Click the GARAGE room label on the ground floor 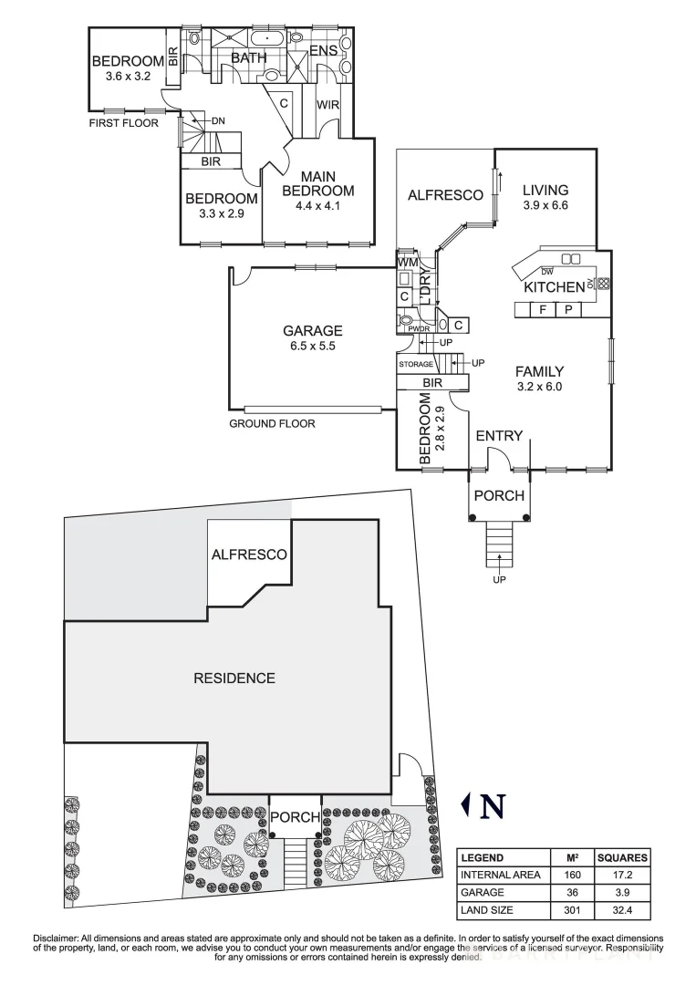coord(312,330)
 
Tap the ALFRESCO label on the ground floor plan coord(444,195)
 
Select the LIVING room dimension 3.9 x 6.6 coord(545,206)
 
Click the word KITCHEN coord(553,287)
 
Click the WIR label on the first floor coord(328,105)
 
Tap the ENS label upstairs coord(324,51)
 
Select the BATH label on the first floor coord(248,57)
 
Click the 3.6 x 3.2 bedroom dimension coord(128,77)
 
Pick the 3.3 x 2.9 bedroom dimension coord(221,213)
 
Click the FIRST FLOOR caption coord(123,123)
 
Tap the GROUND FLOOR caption coord(272,424)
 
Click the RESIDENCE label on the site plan coord(234,678)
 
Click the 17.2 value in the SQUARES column coord(622,876)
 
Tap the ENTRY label coord(500,436)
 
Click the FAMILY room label coord(539,371)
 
